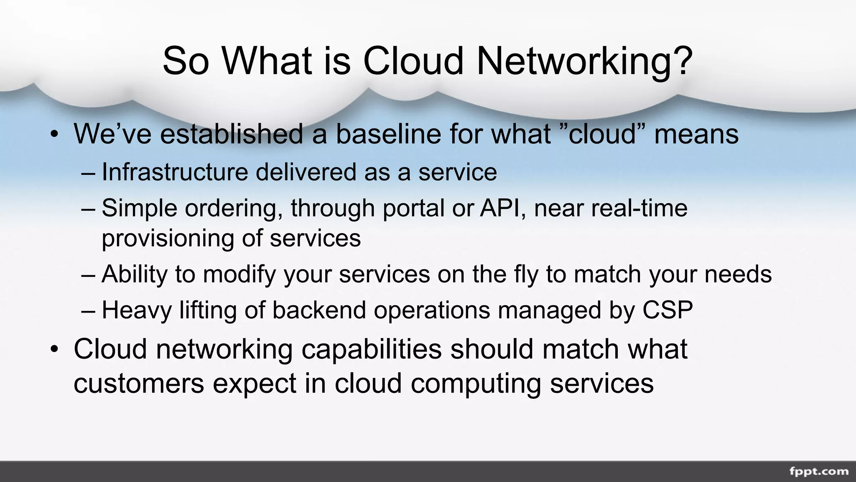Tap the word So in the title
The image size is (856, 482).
point(185,61)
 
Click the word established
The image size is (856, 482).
point(232,134)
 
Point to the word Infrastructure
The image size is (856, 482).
point(175,172)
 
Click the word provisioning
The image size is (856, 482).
point(168,238)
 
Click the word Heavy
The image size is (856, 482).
point(137,310)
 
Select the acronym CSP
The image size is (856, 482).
point(667,310)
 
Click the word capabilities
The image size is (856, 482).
point(372,349)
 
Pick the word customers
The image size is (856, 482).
point(139,383)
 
